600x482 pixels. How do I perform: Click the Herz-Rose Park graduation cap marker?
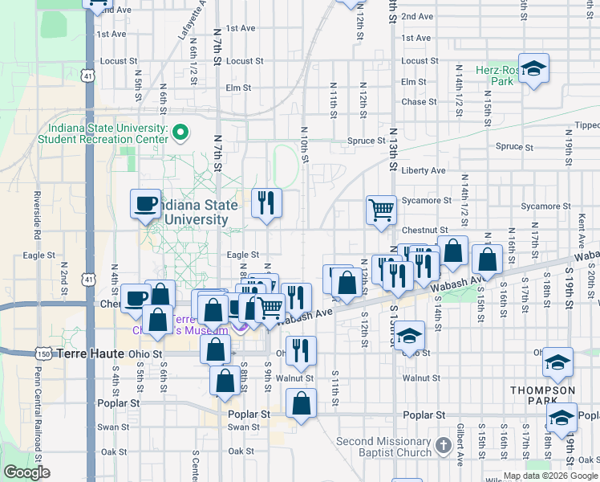tap(533, 69)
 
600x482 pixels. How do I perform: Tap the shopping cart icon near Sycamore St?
tap(382, 210)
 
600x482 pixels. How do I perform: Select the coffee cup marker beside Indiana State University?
tap(146, 204)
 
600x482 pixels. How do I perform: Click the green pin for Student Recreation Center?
tap(182, 132)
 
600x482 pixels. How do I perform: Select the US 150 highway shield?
tap(45, 353)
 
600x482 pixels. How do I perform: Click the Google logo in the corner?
tap(27, 472)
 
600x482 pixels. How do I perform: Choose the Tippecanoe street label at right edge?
tap(586, 125)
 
